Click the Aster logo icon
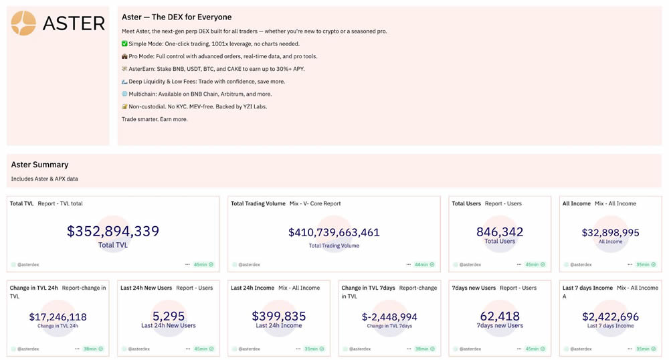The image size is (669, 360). (23, 23)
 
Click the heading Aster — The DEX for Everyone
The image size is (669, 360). (177, 17)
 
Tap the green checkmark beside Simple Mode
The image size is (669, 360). (125, 43)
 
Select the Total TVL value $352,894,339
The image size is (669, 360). (113, 232)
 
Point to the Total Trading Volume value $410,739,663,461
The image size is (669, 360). (334, 233)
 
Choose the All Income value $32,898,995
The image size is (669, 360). (610, 233)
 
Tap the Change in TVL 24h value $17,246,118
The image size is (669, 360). (58, 317)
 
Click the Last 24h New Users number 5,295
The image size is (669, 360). (168, 316)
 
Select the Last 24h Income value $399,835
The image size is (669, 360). (278, 316)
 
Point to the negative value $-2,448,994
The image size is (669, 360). (389, 317)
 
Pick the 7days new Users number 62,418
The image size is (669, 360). (500, 316)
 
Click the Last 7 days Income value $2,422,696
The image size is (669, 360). (610, 317)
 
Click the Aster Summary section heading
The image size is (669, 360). (39, 165)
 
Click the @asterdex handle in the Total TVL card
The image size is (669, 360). (27, 265)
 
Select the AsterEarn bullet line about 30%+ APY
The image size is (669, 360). (213, 68)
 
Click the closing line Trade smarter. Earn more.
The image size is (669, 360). (155, 119)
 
